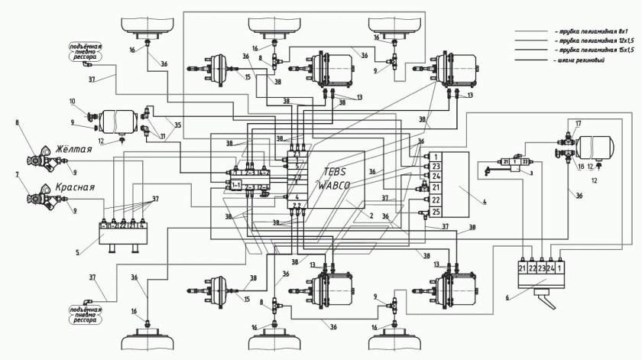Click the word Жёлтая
tap(74, 150)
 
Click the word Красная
tap(74, 187)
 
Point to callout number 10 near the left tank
tap(73, 101)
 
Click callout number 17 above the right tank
tap(579, 123)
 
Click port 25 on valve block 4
tap(434, 212)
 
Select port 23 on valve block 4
tap(434, 166)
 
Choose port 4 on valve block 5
tap(142, 226)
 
